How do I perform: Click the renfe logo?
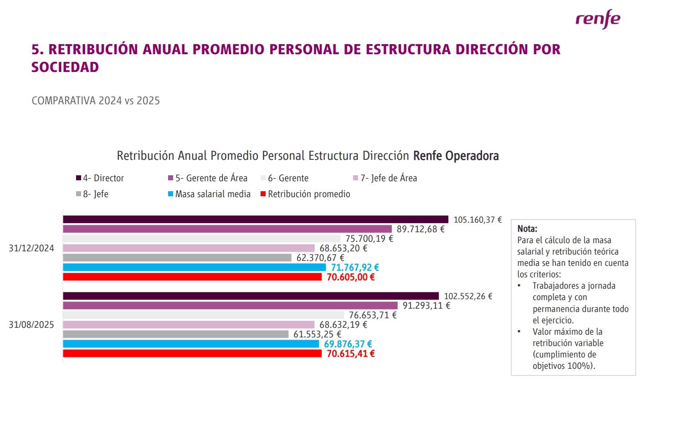tap(597, 20)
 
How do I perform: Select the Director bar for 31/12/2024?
tap(255, 219)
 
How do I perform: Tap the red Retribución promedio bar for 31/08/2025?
tap(192, 353)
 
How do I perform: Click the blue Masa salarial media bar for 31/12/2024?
tap(194, 267)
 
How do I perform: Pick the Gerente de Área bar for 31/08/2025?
tap(230, 306)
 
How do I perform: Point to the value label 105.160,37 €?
tap(477, 220)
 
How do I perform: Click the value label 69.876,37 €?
tap(348, 344)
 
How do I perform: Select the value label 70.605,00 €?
tap(350, 277)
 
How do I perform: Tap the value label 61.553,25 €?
tap(317, 334)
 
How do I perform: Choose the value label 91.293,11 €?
tap(426, 306)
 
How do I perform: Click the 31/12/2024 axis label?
tap(31, 248)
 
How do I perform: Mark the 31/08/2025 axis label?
tap(31, 325)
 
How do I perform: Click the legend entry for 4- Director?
tap(100, 178)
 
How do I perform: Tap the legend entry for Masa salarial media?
tap(210, 194)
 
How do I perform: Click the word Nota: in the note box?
tap(527, 229)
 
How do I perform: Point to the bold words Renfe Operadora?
tap(456, 156)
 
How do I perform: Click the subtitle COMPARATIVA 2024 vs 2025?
tap(96, 101)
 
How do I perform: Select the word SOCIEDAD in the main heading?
tap(65, 67)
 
